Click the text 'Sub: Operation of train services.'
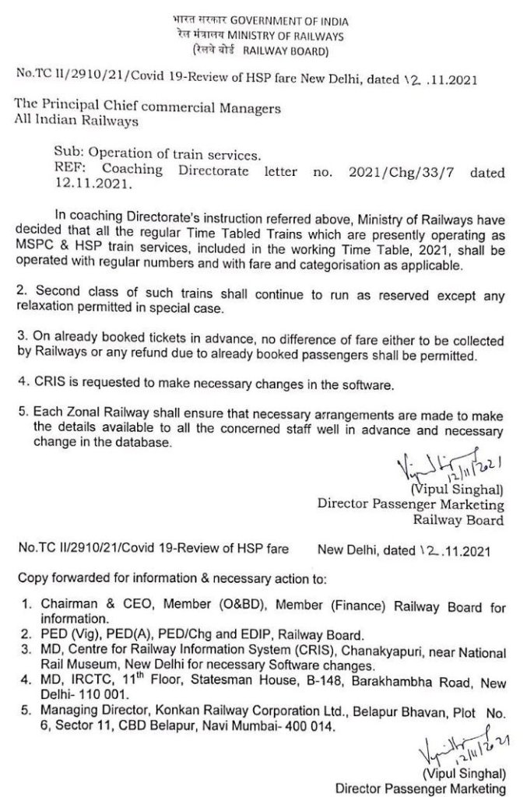pyautogui.click(x=148, y=156)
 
